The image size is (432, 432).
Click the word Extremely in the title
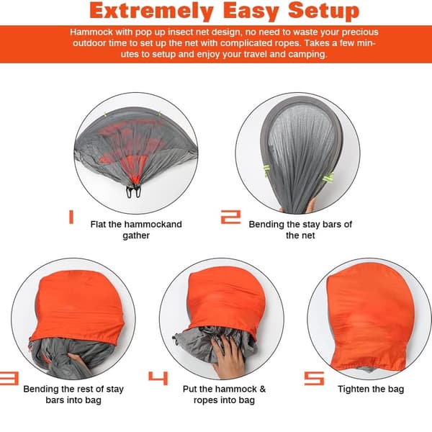(x=152, y=11)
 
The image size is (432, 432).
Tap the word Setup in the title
(x=324, y=11)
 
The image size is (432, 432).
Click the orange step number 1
(x=71, y=217)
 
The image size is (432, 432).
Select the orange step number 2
(x=231, y=217)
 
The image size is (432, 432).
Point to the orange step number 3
(x=9, y=378)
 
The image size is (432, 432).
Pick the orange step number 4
(x=158, y=378)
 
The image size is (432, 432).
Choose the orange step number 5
(x=314, y=378)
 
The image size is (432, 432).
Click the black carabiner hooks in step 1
(x=134, y=192)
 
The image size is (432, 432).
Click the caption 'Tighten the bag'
(x=371, y=389)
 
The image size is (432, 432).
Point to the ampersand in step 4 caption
(x=263, y=389)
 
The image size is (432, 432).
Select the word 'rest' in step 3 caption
(x=89, y=389)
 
